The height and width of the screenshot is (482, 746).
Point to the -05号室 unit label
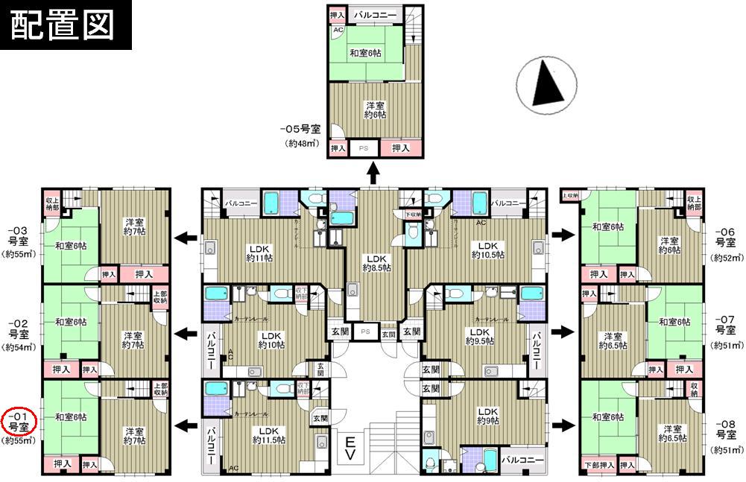300,129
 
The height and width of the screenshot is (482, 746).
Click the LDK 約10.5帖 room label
487,250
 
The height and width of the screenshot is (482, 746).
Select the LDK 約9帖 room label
488,416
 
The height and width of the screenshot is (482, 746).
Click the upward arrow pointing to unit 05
372,174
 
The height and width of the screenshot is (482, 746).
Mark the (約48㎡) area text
301,143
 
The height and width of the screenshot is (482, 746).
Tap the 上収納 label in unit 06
570,195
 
